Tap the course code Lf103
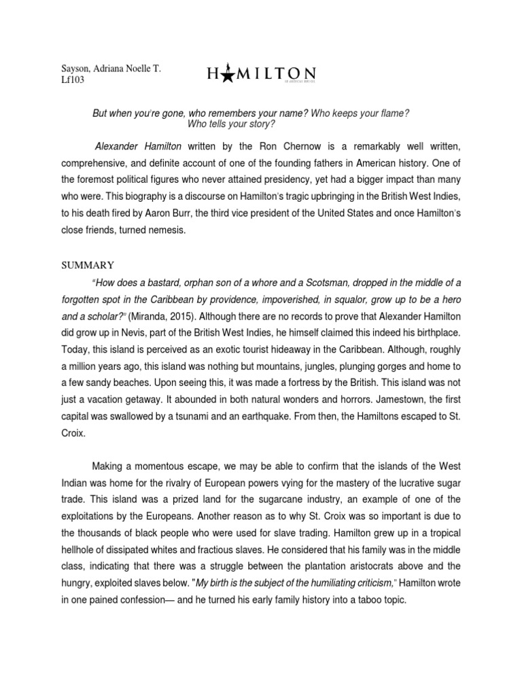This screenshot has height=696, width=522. tap(71, 81)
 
